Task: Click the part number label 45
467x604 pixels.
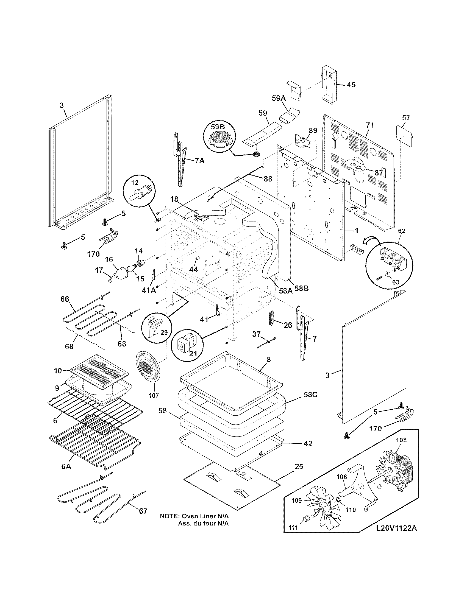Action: (x=351, y=85)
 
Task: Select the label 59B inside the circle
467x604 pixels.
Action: (x=218, y=127)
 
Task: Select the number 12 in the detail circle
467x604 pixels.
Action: (x=134, y=182)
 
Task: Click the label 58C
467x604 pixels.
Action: (x=310, y=395)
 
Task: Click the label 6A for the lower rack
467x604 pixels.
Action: (x=66, y=466)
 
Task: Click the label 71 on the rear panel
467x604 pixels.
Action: (x=370, y=125)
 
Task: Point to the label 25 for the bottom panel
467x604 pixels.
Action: (x=299, y=466)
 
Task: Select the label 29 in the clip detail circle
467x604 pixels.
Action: (x=164, y=332)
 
